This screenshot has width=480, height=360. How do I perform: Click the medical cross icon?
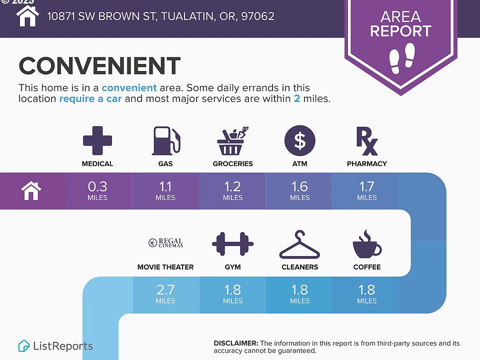97,140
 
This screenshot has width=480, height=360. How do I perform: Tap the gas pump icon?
166,140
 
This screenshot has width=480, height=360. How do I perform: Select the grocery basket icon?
232,141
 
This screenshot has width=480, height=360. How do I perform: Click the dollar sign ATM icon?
299,140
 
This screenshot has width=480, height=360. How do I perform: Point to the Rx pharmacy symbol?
366,141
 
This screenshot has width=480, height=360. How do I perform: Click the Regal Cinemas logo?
165,243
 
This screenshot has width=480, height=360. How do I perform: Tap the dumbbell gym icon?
232,243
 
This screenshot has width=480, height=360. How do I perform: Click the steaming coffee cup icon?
367,244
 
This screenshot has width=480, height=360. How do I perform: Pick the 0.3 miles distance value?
97,190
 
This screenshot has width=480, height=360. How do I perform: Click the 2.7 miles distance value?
165,294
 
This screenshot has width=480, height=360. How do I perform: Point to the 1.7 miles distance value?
366,190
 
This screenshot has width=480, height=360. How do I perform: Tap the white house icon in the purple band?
31,190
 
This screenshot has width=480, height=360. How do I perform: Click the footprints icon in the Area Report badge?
401,58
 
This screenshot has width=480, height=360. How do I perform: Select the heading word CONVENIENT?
99,65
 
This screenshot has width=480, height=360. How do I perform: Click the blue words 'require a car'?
90,98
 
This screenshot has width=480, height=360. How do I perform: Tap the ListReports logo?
55,346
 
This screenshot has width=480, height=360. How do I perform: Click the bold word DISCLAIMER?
235,343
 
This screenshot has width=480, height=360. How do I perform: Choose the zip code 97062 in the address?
258,16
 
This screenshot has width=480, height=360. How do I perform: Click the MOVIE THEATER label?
165,267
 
